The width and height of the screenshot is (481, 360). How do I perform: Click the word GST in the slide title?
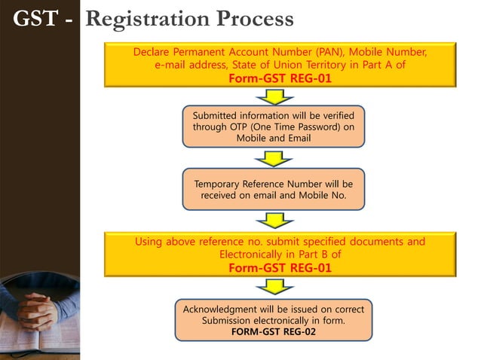tap(36, 18)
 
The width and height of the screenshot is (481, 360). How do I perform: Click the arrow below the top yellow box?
tap(273, 96)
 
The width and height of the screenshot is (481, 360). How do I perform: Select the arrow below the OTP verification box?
tap(273, 158)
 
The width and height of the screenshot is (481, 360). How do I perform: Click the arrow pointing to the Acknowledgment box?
tap(273, 287)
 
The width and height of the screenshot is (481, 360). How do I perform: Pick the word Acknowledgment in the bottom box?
tap(219, 310)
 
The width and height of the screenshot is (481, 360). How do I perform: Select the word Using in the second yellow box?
tap(149, 242)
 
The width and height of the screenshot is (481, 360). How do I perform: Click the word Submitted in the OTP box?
tap(219, 116)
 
